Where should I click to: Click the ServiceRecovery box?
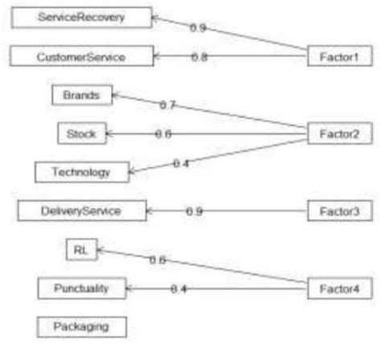point(80,17)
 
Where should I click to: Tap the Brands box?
point(81,96)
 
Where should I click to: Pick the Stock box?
point(81,133)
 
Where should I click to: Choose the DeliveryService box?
point(81,211)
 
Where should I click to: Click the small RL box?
point(80,250)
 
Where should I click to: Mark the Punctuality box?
point(82,288)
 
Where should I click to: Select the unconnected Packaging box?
point(80,326)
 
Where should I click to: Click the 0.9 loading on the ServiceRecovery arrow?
point(198,28)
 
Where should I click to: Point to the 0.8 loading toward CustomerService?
point(199,56)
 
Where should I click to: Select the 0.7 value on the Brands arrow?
point(169,105)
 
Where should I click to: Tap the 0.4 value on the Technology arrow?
point(182,163)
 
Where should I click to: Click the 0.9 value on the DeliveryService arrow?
point(194,211)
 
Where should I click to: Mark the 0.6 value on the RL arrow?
point(158,260)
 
